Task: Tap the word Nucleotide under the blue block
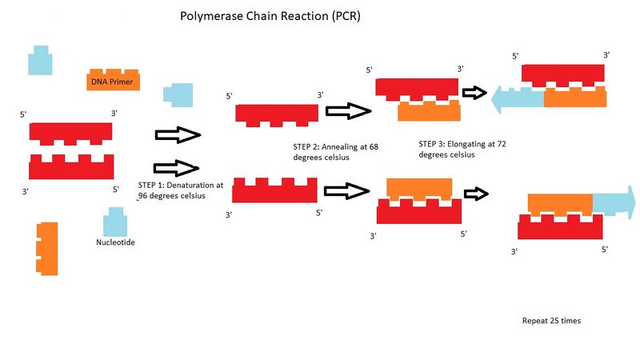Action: coord(115,242)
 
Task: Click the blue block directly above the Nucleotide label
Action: coord(114,222)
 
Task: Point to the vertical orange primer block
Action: coord(47,249)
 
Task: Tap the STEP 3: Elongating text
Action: coord(462,150)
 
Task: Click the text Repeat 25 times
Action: coord(551,320)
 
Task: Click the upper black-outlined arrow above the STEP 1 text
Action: coord(176,135)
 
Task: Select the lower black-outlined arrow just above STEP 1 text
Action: coord(176,168)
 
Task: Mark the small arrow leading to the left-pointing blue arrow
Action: coord(475,93)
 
